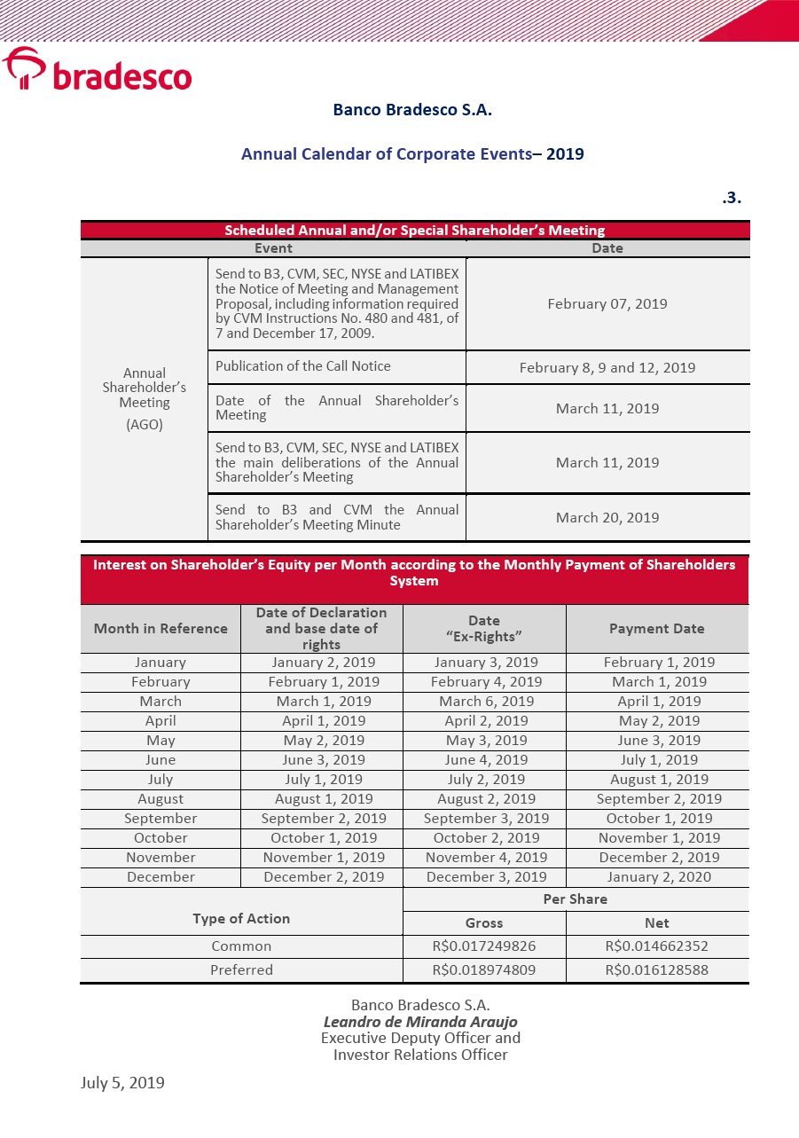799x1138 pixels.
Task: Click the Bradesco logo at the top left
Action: point(97,70)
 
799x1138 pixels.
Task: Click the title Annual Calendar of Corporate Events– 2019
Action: point(412,153)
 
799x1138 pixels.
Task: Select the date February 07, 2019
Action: point(607,303)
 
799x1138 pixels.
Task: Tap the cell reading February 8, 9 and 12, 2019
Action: point(607,367)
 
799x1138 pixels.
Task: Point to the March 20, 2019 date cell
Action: point(607,517)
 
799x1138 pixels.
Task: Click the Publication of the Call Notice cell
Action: point(303,366)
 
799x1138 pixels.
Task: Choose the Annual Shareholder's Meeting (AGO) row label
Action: point(145,398)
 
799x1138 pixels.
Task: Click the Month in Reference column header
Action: point(161,628)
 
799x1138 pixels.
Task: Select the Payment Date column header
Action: point(656,628)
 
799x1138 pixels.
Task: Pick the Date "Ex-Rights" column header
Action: point(484,628)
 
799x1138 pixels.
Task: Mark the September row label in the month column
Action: point(161,818)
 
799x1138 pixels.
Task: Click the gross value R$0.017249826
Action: point(484,946)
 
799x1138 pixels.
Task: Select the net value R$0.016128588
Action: point(657,969)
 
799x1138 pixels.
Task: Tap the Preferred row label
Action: point(241,969)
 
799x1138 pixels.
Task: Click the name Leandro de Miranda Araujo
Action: point(420,1022)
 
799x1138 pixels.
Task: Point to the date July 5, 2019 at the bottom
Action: point(122,1082)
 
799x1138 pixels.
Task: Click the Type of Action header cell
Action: point(241,918)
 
